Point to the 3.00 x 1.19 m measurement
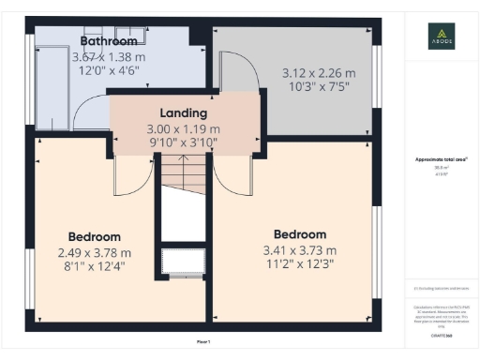point(183,128)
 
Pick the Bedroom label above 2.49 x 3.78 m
point(94,236)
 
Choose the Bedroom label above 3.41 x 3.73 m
point(299,233)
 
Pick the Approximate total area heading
point(440,160)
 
